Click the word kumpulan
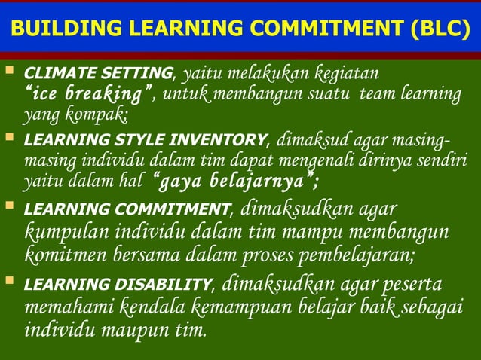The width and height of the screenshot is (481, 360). tap(63, 230)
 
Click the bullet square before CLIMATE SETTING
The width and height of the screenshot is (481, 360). tap(10, 72)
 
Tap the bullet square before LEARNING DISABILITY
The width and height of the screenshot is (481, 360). tap(10, 282)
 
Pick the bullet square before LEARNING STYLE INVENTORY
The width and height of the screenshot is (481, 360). tap(10, 139)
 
